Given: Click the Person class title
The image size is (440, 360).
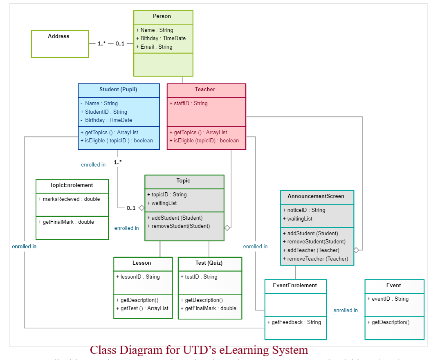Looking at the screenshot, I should pyautogui.click(x=162, y=16).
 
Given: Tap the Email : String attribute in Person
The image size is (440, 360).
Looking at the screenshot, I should pyautogui.click(x=154, y=47).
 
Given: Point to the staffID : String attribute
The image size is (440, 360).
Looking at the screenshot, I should pyautogui.click(x=189, y=103).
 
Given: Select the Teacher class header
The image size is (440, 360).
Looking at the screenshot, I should pyautogui.click(x=205, y=90).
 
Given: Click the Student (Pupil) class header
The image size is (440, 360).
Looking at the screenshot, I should pyautogui.click(x=118, y=90).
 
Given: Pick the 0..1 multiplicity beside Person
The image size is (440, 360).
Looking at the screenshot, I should pyautogui.click(x=120, y=43).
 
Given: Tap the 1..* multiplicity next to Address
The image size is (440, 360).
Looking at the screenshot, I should pyautogui.click(x=102, y=43).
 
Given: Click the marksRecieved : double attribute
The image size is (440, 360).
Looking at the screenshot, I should pyautogui.click(x=69, y=199).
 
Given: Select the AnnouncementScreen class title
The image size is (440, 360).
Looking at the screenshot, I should pyautogui.click(x=316, y=196).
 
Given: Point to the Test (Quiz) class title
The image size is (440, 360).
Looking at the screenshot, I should pyautogui.click(x=209, y=263).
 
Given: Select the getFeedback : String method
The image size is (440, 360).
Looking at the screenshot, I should pyautogui.click(x=294, y=322).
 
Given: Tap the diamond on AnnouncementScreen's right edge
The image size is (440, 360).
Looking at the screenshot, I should pyautogui.click(x=357, y=250).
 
